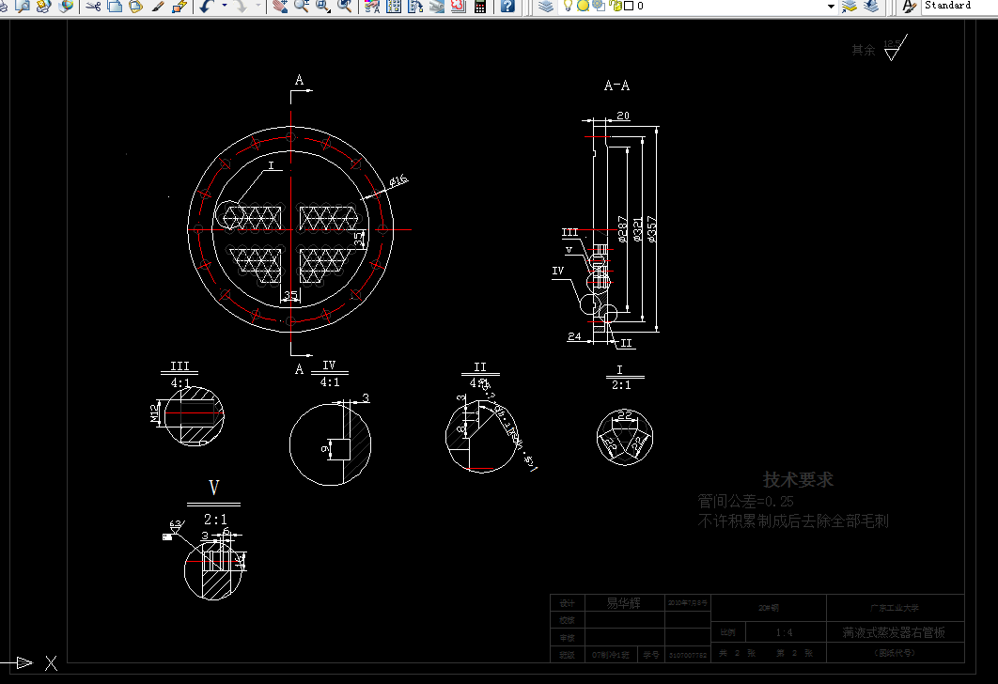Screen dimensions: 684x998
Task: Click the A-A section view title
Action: (616, 85)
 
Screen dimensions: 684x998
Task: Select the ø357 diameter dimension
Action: (652, 229)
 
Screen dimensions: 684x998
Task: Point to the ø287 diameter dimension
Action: (622, 229)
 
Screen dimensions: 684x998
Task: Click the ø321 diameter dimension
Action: (637, 229)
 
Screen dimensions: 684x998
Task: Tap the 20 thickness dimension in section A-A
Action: (623, 117)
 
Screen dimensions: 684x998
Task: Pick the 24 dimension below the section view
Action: (574, 335)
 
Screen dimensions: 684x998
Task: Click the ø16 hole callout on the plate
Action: (398, 180)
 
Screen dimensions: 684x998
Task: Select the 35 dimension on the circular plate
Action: (290, 296)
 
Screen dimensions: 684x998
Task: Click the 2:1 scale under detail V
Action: (214, 520)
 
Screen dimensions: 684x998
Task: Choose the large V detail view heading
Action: (213, 488)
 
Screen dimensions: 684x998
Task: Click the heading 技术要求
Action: (798, 480)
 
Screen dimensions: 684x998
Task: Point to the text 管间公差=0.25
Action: (745, 502)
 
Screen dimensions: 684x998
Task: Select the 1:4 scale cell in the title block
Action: (784, 632)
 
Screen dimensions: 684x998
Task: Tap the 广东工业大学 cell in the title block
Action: (895, 607)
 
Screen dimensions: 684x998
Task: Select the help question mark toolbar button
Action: (507, 6)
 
